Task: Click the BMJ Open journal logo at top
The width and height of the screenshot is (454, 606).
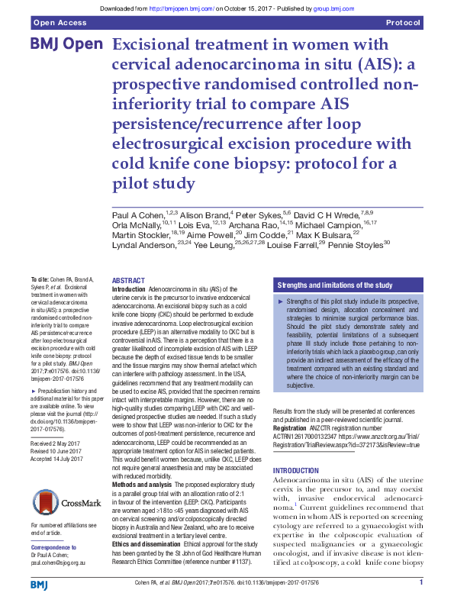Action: (x=66, y=45)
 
